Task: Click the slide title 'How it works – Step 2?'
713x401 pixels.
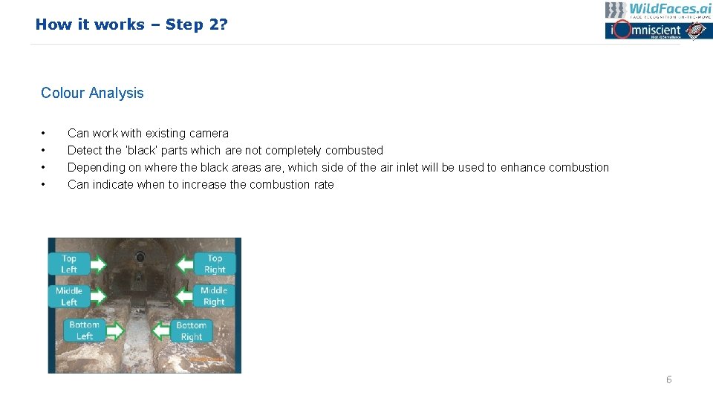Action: (x=131, y=25)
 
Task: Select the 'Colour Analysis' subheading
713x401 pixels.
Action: (x=92, y=93)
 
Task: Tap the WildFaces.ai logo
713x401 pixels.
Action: (x=658, y=10)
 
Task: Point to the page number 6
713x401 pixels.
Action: (x=668, y=379)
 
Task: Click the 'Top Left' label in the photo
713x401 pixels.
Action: (x=69, y=264)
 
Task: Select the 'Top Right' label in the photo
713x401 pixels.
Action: (x=215, y=264)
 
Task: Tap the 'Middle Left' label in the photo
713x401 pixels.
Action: (x=69, y=296)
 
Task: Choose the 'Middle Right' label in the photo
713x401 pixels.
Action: (x=214, y=296)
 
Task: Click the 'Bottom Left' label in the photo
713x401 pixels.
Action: (x=84, y=330)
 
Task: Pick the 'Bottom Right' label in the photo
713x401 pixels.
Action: (x=191, y=331)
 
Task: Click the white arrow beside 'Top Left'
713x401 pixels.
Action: (x=97, y=264)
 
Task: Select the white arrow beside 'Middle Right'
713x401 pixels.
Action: (x=185, y=296)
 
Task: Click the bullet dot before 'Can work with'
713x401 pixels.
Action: (x=44, y=134)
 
